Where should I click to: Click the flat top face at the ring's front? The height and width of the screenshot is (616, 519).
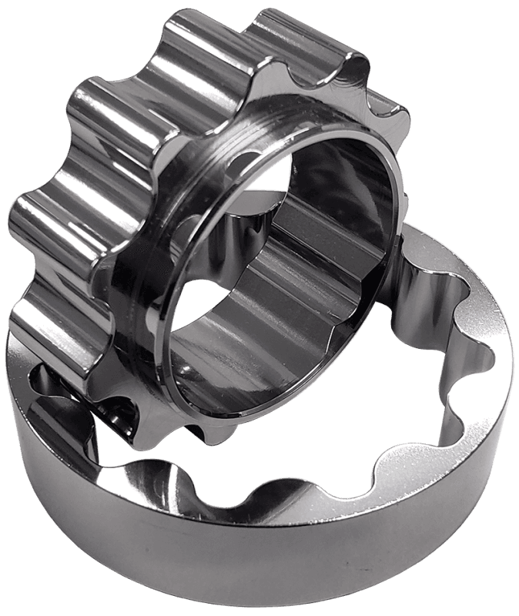click(x=308, y=493)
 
